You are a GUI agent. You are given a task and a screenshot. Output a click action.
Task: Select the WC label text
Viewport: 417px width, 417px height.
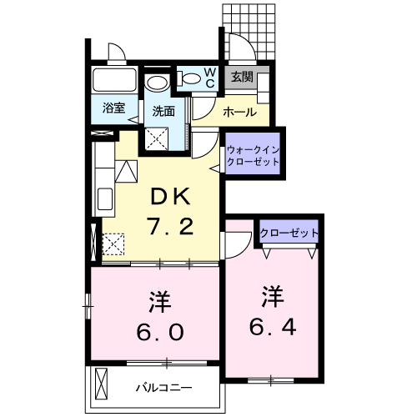(210, 78)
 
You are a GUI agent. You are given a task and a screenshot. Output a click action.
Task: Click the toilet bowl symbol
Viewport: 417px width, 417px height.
(191, 79)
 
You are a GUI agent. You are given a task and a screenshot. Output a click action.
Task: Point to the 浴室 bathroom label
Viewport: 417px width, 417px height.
(113, 108)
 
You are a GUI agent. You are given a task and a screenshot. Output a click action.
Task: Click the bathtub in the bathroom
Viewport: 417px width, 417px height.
(113, 81)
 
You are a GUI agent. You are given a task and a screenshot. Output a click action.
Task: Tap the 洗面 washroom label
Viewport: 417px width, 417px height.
(163, 111)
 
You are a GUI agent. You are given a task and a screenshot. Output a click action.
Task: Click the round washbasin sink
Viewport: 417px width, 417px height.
(156, 83)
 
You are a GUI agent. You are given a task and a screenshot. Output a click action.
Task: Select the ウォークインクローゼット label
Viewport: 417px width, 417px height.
(253, 154)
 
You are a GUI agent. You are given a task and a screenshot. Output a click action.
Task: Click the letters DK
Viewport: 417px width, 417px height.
(171, 198)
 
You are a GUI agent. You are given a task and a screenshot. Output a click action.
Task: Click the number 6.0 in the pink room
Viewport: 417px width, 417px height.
(155, 329)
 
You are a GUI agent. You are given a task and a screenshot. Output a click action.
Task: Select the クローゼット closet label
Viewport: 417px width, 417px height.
(288, 233)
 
